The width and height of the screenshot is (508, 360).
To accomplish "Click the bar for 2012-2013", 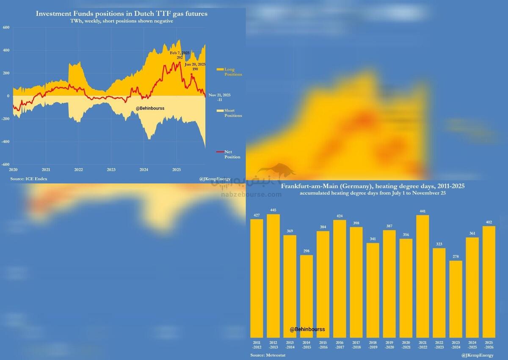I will coord(273,275).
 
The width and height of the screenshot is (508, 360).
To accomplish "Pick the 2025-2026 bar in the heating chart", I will coord(489,281).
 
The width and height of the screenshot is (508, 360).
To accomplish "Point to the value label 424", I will coord(340,216).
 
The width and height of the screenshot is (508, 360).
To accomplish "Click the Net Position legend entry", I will coord(232,154).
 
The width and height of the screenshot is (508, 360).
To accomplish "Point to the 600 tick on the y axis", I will coord(6,27).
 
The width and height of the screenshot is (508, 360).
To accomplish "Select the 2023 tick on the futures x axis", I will coord(111,170).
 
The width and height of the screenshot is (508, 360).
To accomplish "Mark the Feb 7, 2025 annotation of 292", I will coord(179,55).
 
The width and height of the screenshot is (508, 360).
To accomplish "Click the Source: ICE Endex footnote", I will coord(29,179).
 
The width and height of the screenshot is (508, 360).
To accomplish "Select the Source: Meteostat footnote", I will coord(268,355).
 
